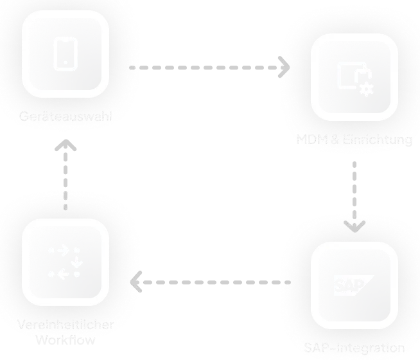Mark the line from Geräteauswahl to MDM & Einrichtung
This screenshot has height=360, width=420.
pyautogui.click(x=206, y=66)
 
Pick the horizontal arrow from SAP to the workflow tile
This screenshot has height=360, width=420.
pyautogui.click(x=212, y=282)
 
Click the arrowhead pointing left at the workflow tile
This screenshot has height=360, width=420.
pyautogui.click(x=135, y=282)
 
